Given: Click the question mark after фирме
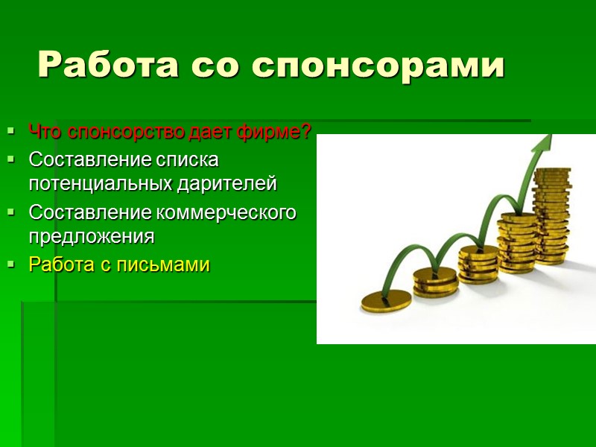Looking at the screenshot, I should coord(306,133).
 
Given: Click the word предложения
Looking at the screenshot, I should coord(91,237).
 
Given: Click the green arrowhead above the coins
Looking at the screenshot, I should coord(545,145).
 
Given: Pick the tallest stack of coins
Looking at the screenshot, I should coord(551,216).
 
